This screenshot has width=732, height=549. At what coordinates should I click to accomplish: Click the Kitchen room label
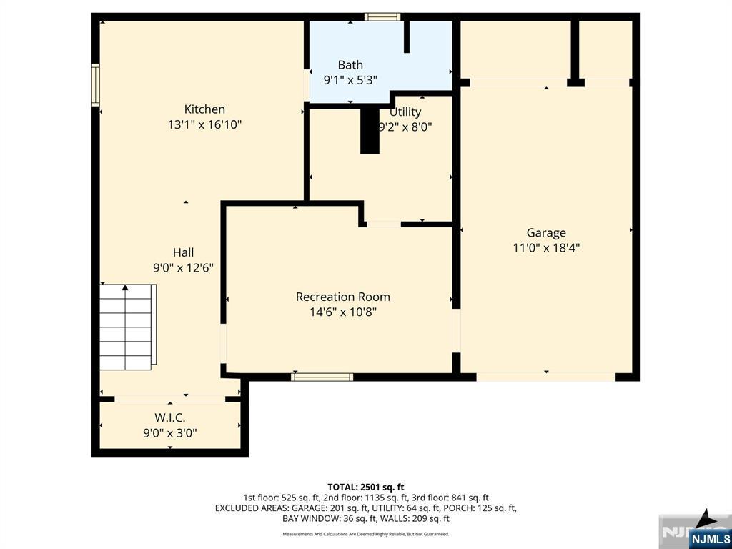coord(204,109)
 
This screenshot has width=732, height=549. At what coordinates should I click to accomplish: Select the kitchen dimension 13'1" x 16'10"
coord(204,125)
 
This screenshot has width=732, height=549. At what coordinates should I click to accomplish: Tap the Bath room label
coord(350,65)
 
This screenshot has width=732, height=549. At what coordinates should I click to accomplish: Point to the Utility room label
coord(405,112)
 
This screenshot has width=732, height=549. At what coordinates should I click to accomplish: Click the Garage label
coord(546,232)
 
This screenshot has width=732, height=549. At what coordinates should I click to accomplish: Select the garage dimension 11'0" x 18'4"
coord(546,248)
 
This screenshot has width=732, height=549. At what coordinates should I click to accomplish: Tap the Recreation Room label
coord(343,297)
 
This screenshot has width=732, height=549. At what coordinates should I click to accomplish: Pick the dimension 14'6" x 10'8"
coord(343,312)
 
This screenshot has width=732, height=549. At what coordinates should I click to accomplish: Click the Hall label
coord(183,252)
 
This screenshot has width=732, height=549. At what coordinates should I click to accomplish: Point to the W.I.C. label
coord(170,417)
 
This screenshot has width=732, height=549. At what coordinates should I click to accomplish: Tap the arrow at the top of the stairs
coord(125,288)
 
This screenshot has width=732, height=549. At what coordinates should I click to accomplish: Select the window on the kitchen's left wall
coord(95,85)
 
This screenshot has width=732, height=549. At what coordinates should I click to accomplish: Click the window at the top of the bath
coord(381,16)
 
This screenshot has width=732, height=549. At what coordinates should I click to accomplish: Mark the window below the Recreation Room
coord(322,377)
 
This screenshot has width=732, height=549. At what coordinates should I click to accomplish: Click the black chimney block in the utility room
coord(370,130)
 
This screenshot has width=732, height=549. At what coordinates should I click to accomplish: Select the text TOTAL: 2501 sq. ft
coord(365,487)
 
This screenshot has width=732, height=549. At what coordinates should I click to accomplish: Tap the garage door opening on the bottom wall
coord(545,377)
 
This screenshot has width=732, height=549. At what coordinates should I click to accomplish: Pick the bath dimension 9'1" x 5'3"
coord(350,81)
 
